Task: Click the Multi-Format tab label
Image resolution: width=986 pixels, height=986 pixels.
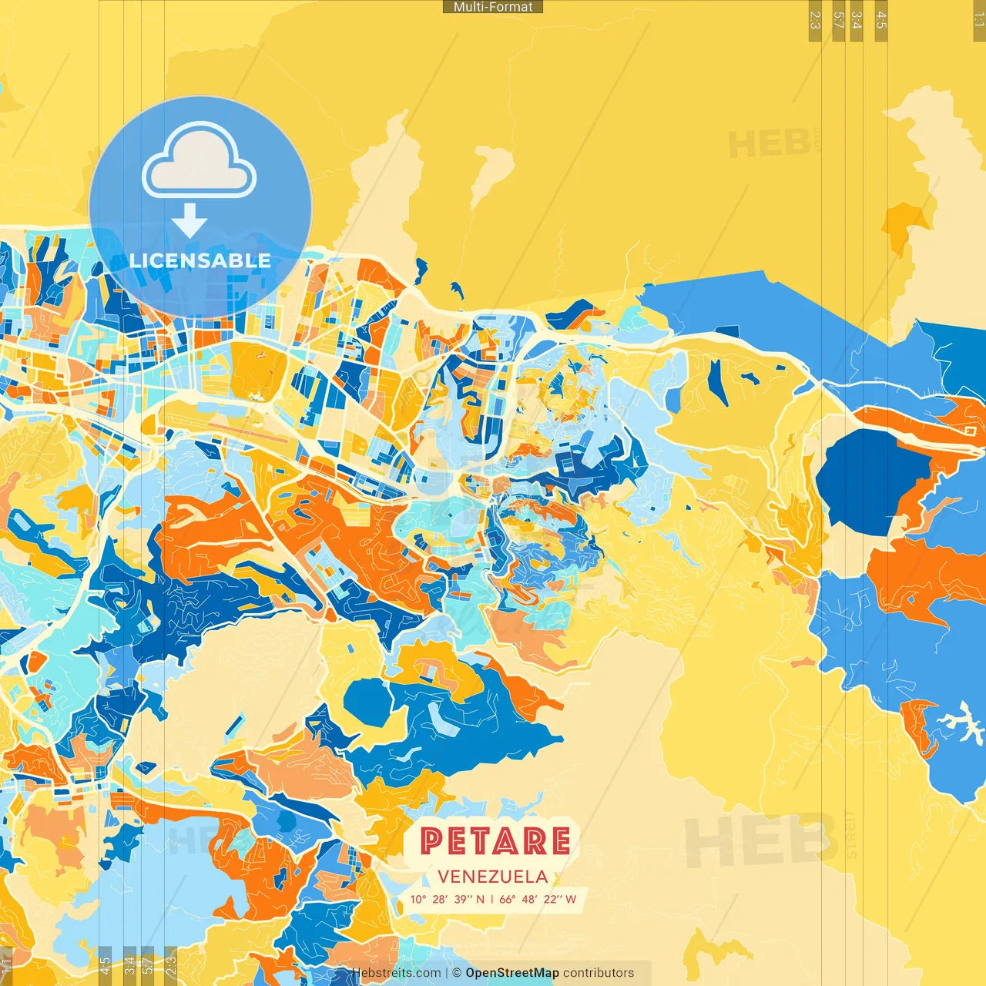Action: (493, 7)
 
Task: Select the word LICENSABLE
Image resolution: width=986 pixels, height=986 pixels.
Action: (200, 260)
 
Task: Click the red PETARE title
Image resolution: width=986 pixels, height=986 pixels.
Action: (495, 841)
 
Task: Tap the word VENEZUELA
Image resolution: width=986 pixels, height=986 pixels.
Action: (493, 877)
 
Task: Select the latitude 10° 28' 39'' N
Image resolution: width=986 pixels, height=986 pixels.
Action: (447, 899)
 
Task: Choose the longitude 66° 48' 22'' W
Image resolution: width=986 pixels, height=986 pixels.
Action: (538, 899)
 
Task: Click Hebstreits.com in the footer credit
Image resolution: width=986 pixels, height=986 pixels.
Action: (396, 973)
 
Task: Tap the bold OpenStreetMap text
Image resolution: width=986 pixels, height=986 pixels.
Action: (511, 973)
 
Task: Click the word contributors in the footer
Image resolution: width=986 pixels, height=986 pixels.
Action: (599, 973)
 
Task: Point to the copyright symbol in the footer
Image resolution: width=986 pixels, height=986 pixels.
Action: (457, 973)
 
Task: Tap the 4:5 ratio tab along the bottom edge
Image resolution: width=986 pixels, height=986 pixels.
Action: (105, 965)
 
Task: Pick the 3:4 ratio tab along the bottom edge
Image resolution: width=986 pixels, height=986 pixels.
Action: (129, 965)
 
